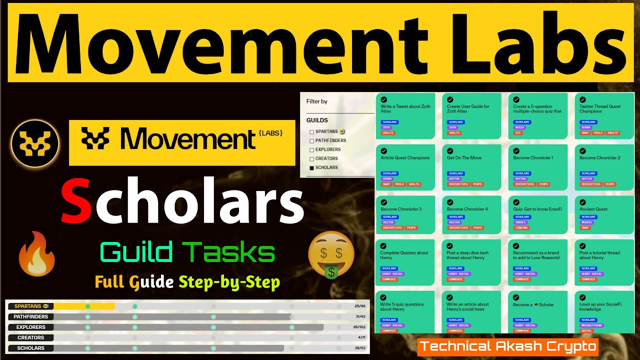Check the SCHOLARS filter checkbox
pos(312,168)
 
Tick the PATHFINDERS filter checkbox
pos(312,141)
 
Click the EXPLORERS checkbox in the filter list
pos(312,150)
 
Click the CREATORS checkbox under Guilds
pos(312,159)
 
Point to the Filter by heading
pos(317,101)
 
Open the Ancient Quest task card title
pos(593,209)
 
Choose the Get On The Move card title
pos(464,157)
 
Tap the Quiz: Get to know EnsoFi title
pos(537,209)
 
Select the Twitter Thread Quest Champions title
pos(600,109)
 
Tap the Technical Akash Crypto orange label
pos(507,346)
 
